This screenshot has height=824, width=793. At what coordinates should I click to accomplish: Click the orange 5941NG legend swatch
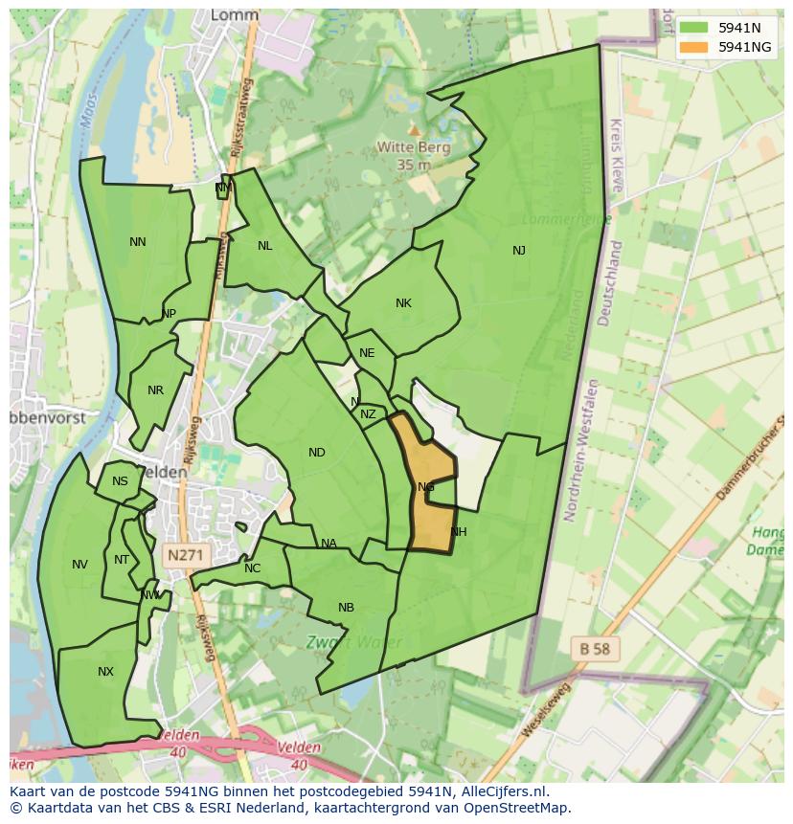[x=696, y=47]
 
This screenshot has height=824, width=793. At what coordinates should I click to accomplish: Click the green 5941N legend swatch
[x=696, y=28]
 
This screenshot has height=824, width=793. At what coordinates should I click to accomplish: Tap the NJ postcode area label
[x=519, y=251]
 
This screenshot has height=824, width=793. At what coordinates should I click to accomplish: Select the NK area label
[x=403, y=303]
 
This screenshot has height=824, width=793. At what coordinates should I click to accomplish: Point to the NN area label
[x=138, y=242]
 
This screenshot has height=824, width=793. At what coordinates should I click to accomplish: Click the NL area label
[x=265, y=246]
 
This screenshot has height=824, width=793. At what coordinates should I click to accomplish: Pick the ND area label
[x=317, y=453]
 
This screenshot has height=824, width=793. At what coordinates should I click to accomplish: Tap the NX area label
[x=105, y=672]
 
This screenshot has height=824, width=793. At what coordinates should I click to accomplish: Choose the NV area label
[x=79, y=565]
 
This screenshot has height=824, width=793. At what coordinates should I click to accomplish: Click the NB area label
[x=346, y=608]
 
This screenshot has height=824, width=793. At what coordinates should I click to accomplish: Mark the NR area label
[x=156, y=390]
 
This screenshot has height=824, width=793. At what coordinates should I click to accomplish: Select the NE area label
[x=367, y=353]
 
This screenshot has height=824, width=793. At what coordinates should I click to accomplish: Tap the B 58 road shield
[x=594, y=649]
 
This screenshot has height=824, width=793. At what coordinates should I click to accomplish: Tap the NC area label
[x=252, y=568]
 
